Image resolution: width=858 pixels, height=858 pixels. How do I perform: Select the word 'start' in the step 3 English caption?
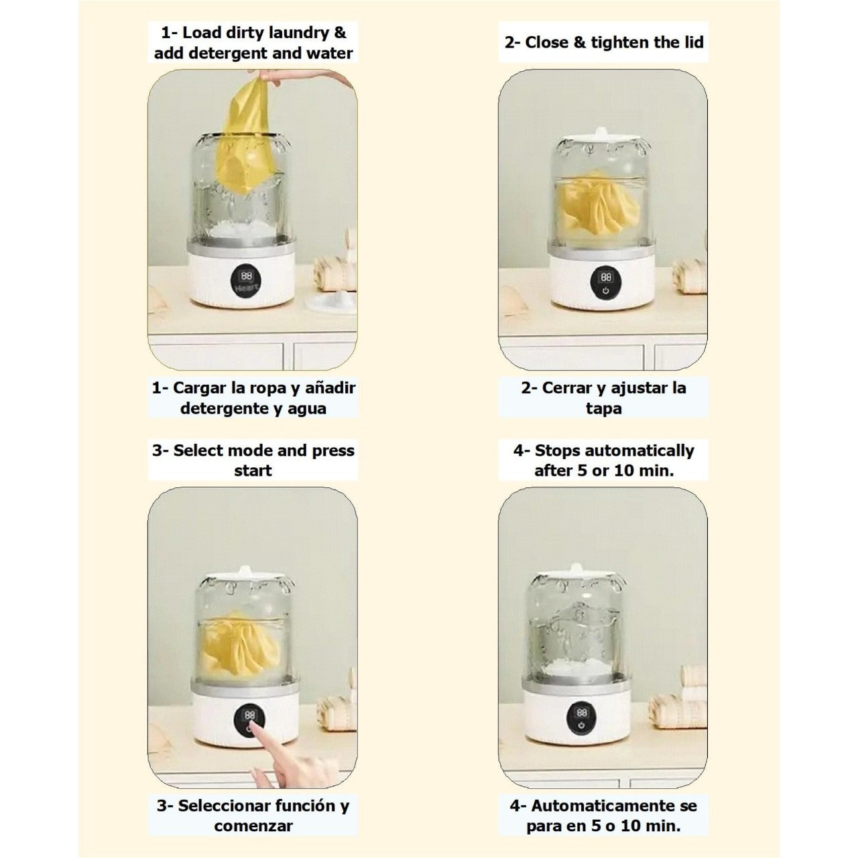[x=253, y=471]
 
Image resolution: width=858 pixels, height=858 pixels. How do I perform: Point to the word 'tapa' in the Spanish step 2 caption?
[x=603, y=408]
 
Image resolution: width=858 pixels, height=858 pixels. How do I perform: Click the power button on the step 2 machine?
[x=605, y=291]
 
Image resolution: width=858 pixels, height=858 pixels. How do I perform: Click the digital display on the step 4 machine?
[x=582, y=712]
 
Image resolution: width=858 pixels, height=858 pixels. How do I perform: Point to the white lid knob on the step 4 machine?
[x=576, y=568]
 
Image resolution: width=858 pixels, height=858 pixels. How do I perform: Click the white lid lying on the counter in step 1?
[x=331, y=302]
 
